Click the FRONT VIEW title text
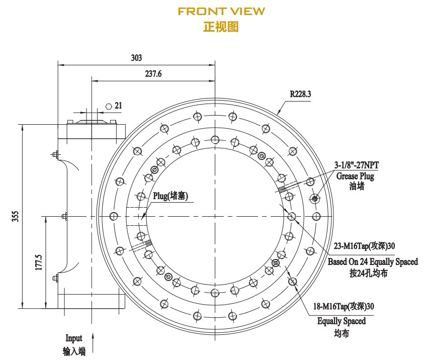(221, 11)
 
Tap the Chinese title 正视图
(221, 27)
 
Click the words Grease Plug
(355, 176)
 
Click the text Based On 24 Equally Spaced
(372, 262)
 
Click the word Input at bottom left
(73, 338)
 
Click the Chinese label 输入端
(73, 351)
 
